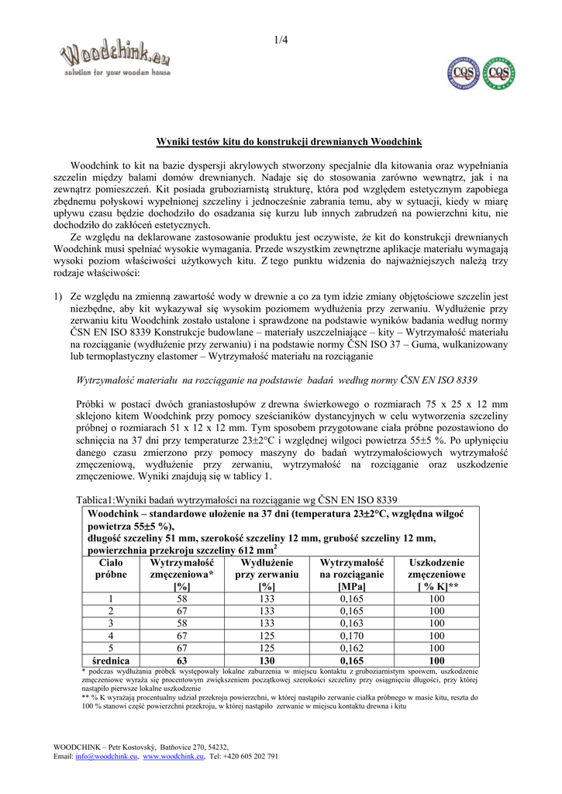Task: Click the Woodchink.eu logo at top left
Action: (x=116, y=58)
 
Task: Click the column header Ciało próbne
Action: (x=110, y=575)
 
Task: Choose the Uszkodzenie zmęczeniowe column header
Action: (x=436, y=575)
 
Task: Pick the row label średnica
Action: (x=110, y=661)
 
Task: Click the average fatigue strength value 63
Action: (x=182, y=661)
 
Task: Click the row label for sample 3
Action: (x=110, y=623)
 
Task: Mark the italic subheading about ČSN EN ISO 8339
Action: (x=277, y=380)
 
